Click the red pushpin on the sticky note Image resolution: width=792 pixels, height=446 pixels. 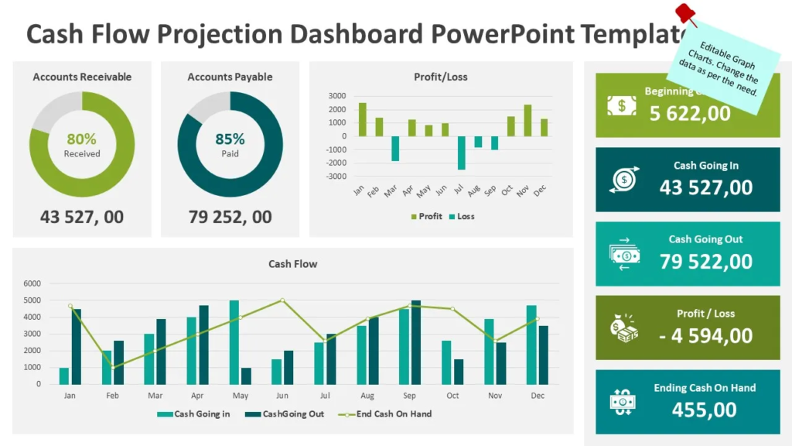coord(684,14)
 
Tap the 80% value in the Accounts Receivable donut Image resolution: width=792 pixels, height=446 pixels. coord(81,139)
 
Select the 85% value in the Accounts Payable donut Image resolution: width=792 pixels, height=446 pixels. coord(230,139)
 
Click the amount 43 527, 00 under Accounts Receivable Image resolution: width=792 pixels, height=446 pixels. coord(81,217)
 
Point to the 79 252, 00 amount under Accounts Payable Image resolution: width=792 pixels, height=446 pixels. coord(230,217)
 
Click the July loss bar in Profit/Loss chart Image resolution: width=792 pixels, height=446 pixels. coord(461,153)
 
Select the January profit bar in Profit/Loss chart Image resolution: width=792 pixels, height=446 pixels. coord(362,119)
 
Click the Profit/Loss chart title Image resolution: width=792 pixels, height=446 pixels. coord(440,77)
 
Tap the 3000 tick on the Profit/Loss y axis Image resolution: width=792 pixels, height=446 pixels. coord(337,96)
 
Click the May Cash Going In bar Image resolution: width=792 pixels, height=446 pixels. coord(234,342)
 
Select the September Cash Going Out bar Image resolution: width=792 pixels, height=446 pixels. coord(416,342)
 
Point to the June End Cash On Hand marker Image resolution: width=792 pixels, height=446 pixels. coord(282,300)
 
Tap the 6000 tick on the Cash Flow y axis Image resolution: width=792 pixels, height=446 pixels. coord(32,283)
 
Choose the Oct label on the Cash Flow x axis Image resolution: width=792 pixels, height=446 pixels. coord(452,396)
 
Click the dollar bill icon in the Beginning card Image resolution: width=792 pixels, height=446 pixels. coord(621,106)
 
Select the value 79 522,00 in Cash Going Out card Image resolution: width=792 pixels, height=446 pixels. coord(705,262)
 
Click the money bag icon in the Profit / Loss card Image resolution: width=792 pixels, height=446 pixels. coord(623,329)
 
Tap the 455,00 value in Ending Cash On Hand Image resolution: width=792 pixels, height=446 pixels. coord(704,410)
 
